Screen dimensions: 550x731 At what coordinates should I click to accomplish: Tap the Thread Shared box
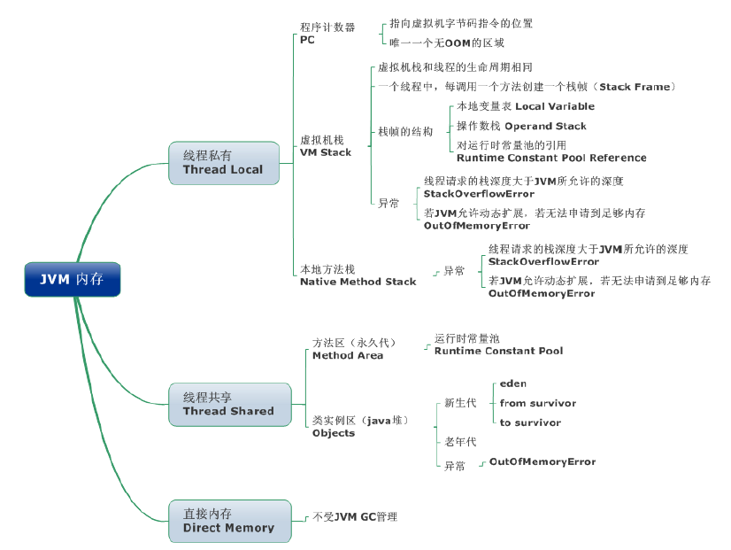pos(228,404)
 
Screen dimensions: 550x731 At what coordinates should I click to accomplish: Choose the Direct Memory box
pos(228,521)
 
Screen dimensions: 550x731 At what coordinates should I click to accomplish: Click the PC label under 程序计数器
pos(307,40)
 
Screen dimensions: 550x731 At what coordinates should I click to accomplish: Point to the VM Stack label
pos(326,152)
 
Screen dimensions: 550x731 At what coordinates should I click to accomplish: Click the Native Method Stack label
pos(358,282)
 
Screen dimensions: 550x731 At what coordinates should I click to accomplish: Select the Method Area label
pos(348,355)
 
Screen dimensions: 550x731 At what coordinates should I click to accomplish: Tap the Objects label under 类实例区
pos(334,433)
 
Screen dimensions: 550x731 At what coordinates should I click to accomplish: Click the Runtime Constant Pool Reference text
pos(551,158)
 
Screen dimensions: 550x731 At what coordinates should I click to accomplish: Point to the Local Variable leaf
pos(555,106)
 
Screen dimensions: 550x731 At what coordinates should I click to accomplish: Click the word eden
pos(513,383)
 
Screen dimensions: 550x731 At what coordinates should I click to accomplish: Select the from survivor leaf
pos(537,403)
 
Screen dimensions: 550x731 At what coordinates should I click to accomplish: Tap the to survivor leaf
pos(530,422)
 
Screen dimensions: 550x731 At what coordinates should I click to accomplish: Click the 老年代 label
pos(460,441)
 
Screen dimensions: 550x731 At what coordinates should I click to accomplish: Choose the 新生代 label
pos(460,403)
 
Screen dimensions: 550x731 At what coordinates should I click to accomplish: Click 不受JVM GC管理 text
pos(356,516)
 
